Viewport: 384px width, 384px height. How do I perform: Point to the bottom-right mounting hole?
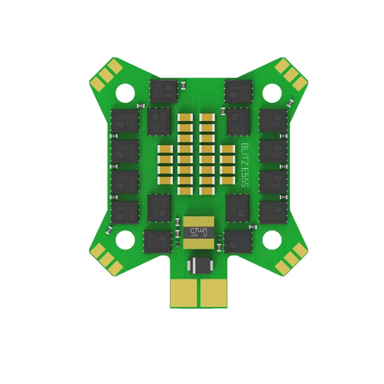[271, 237]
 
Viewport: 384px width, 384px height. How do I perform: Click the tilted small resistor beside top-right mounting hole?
[290, 102]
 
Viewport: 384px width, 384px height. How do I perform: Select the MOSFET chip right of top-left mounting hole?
[163, 90]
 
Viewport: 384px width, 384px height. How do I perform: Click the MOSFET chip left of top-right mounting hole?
[238, 90]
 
